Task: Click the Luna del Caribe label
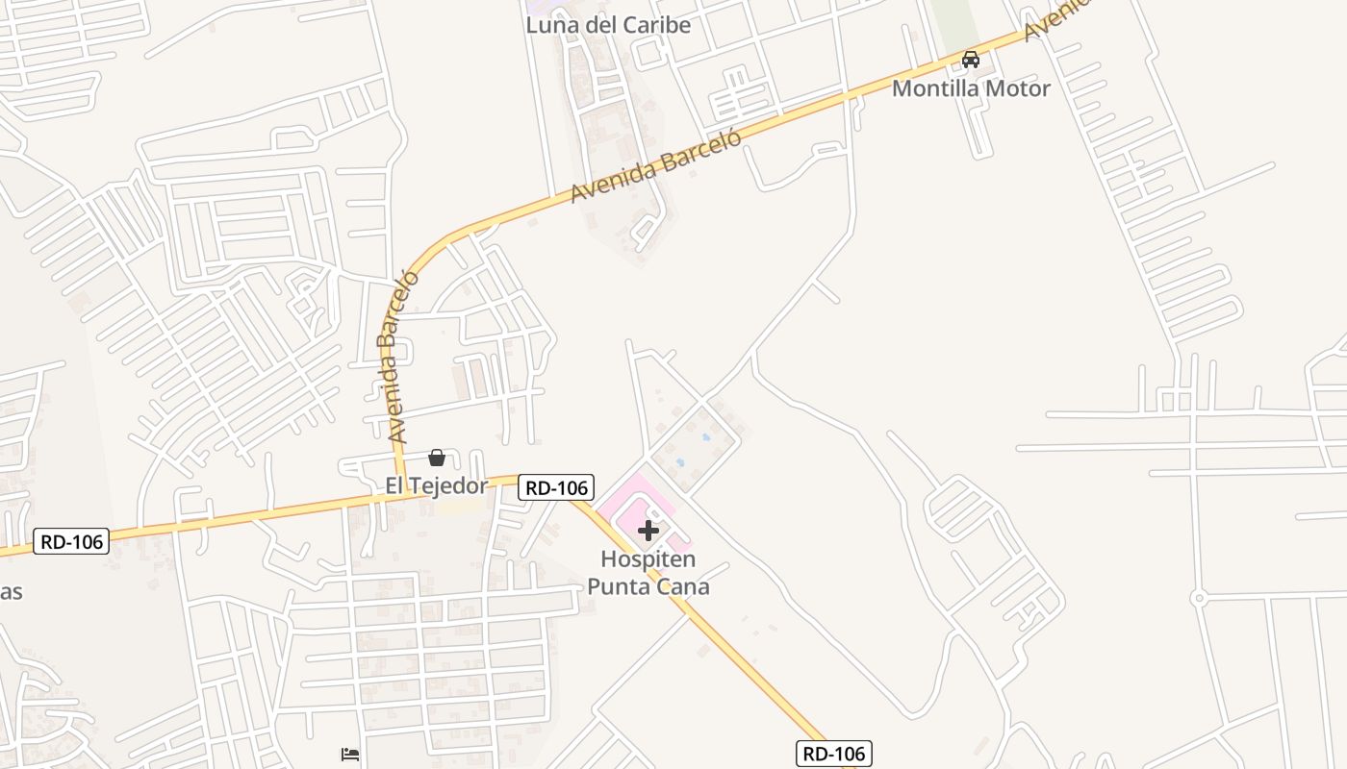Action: coord(608,25)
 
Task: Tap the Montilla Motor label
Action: coord(971,88)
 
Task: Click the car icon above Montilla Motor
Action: coord(971,60)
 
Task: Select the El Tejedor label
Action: coord(436,485)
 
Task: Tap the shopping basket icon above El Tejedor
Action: coord(437,458)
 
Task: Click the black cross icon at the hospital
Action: coord(648,530)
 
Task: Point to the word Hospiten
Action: coord(648,558)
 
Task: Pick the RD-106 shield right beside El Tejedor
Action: coord(556,487)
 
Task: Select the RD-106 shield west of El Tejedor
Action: coord(71,541)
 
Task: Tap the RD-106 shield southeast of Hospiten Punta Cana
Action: coord(833,753)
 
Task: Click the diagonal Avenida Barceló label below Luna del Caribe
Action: coord(656,167)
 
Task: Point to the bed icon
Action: coord(350,755)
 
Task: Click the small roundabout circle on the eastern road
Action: coord(1198,598)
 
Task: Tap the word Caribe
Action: coord(655,25)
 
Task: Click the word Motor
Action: coord(1019,88)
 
